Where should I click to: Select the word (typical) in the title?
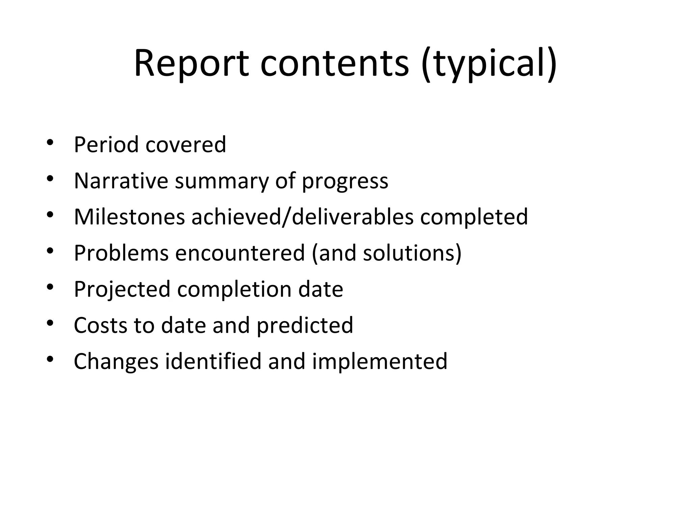coord(489,64)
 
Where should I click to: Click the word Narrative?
coord(121,181)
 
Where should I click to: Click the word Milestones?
coord(129,217)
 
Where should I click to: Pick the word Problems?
coord(121,253)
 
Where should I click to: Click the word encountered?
coord(240,253)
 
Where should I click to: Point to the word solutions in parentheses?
coord(410,253)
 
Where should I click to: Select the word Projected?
coord(122,290)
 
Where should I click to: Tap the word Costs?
coord(100,325)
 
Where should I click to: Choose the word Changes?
coord(116,362)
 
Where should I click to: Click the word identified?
coord(213,361)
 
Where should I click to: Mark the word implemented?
coord(380,362)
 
